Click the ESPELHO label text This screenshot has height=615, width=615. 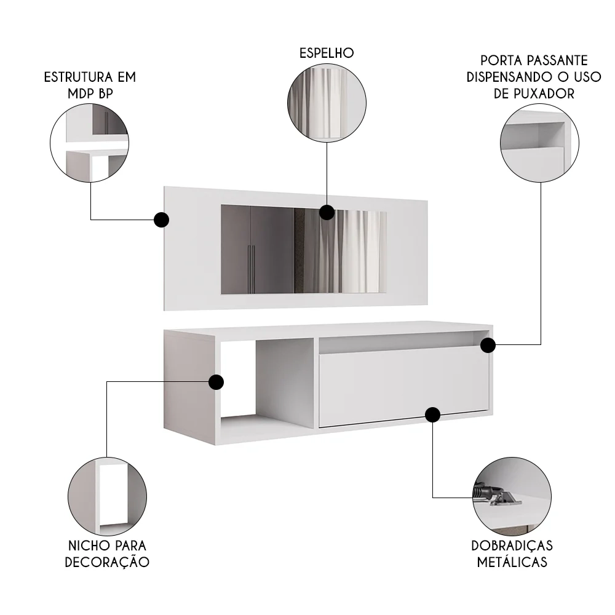(327, 53)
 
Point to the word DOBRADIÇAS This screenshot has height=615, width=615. (512, 546)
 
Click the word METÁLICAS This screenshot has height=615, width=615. (512, 562)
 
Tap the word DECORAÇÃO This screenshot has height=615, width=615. (108, 562)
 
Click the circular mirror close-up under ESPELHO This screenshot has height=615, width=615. (327, 102)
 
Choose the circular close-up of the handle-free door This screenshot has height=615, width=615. (541, 143)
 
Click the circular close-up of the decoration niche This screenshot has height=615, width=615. (107, 496)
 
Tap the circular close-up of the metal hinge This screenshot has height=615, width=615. (512, 496)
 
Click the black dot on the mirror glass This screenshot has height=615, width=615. (327, 213)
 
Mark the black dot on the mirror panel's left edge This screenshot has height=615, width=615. (161, 220)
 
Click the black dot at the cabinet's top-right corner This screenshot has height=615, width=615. (488, 345)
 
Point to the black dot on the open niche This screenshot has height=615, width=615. (216, 382)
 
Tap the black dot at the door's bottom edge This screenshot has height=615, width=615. (433, 415)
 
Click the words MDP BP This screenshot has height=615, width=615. (90, 93)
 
